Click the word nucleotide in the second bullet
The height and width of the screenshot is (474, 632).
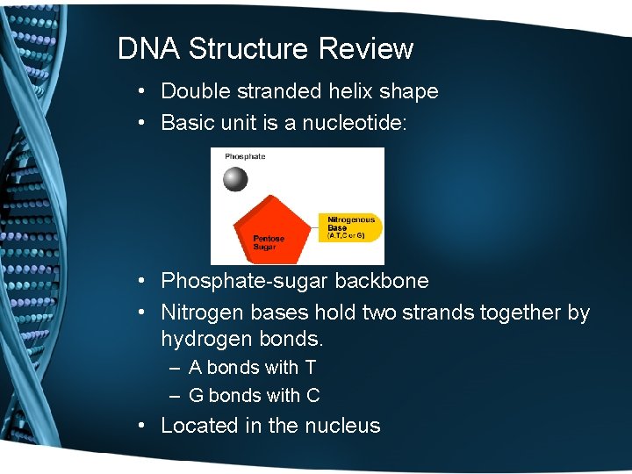(x=355, y=123)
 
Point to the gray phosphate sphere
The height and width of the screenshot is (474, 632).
(x=235, y=179)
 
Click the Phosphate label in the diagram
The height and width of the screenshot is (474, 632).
(x=245, y=156)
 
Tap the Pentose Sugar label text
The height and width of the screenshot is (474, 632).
(x=269, y=242)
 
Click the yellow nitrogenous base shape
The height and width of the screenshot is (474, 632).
(x=351, y=226)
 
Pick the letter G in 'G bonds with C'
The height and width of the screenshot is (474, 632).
(x=196, y=396)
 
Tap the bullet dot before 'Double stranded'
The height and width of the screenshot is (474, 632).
(x=141, y=92)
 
